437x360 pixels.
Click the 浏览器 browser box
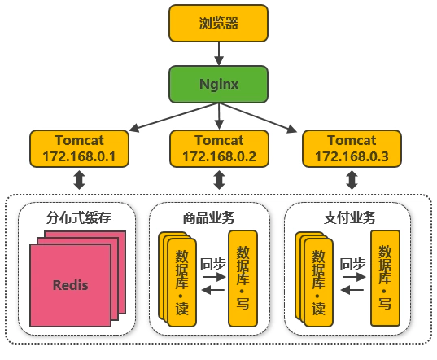pos(218,23)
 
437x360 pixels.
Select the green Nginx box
pos(218,84)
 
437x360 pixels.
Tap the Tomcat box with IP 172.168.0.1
pos(80,148)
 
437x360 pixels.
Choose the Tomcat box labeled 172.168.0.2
pos(220,148)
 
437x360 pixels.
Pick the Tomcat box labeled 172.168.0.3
pos(352,148)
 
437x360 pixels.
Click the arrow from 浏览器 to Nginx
pos(219,54)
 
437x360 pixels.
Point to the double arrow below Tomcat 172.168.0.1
pos(80,180)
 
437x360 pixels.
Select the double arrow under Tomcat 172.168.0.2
pos(220,180)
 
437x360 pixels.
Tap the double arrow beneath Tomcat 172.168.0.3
pos(352,180)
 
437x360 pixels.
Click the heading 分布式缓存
pos(79,217)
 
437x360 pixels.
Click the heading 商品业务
pos(209,217)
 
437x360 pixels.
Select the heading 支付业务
pos(349,217)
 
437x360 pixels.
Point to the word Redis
pos(71,285)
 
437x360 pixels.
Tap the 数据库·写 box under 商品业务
pos(243,279)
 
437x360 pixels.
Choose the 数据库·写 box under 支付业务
pos(385,278)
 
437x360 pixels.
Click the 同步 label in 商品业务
pos(213,264)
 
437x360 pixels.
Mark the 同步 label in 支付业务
pos(352,264)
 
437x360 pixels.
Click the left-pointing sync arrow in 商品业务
pos(213,290)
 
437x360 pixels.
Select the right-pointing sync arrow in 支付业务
pos(354,277)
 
